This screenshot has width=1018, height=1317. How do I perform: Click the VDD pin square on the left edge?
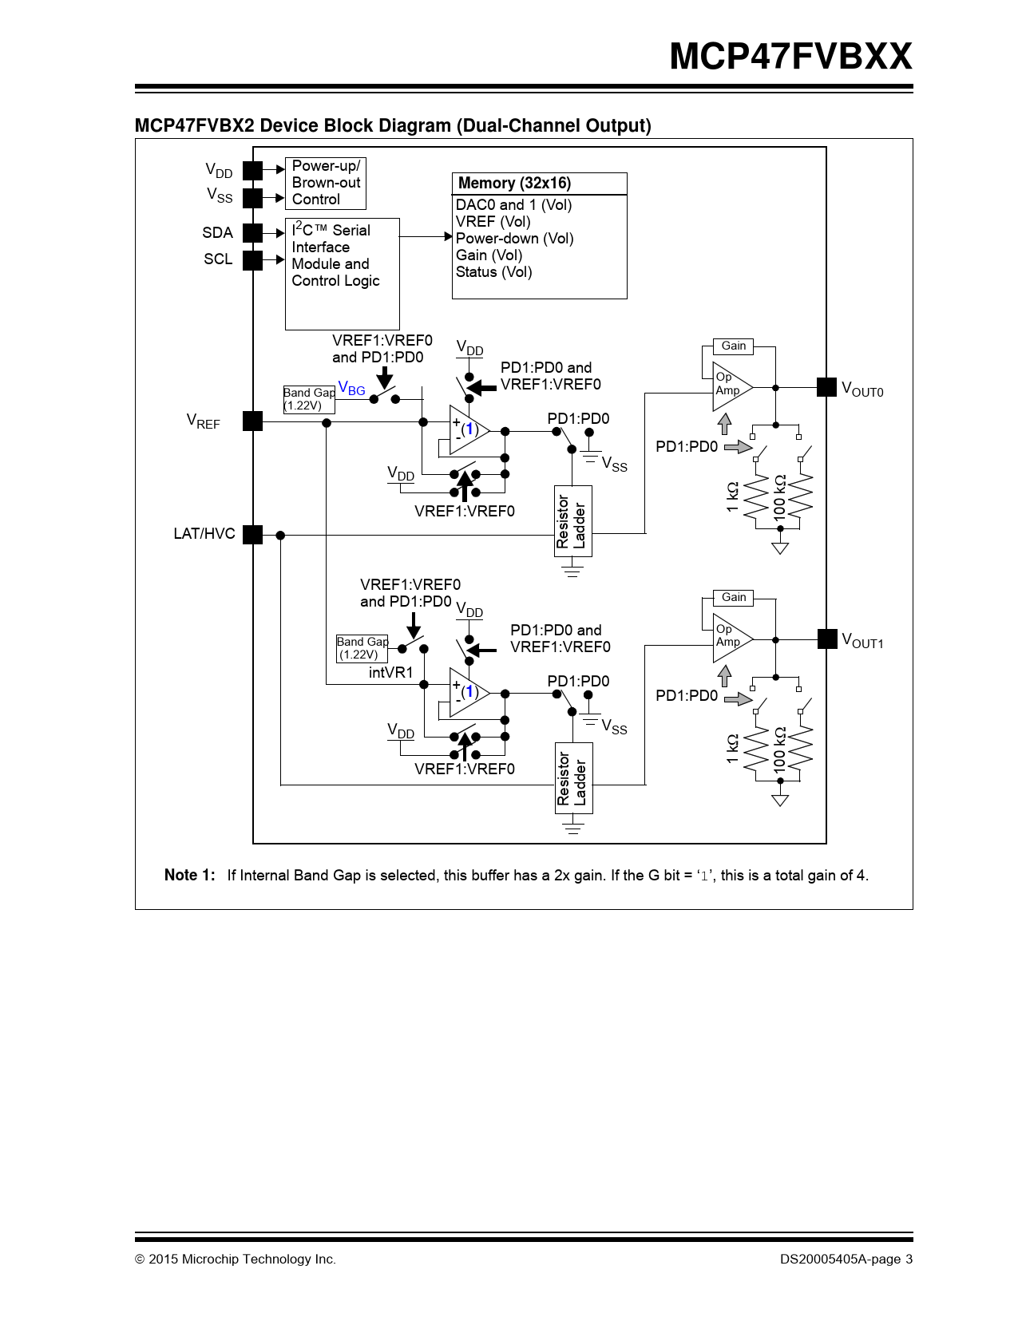[252, 170]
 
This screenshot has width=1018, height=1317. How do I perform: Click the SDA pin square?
[252, 232]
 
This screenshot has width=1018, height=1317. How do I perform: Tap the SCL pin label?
[218, 259]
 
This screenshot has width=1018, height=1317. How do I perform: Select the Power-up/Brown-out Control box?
[326, 183]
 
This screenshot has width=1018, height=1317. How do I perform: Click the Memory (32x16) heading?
[515, 184]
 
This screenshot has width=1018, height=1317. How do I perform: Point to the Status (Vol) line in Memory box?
[493, 272]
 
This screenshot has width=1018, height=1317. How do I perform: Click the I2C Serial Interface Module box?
[342, 273]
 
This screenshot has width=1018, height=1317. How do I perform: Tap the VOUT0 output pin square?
[826, 387]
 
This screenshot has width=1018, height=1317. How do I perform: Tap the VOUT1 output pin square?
[826, 639]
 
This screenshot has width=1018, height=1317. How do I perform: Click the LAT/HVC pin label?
[204, 534]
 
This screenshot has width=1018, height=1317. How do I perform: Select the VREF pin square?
[252, 421]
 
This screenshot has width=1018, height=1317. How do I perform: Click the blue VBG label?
[352, 389]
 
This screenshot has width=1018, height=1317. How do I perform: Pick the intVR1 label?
[390, 673]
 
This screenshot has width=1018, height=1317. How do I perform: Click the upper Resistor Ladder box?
[572, 521]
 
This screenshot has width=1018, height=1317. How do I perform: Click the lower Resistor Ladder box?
[573, 778]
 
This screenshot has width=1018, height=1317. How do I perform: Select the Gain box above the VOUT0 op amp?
[734, 346]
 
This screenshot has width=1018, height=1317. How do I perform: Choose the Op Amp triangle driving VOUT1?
[730, 638]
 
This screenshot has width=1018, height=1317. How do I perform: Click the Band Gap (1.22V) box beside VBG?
[309, 399]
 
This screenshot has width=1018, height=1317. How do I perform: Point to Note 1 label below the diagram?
[189, 876]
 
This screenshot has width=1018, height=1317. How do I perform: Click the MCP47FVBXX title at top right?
[790, 57]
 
